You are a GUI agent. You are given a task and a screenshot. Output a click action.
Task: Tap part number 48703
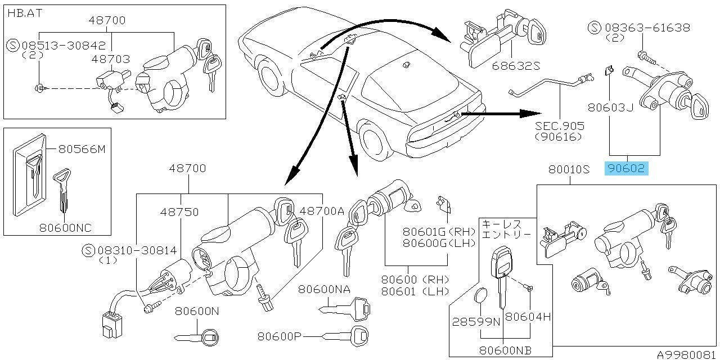point(111,58)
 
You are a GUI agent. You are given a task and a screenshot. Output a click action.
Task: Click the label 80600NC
point(65,228)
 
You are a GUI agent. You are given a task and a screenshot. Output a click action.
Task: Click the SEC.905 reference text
point(560,126)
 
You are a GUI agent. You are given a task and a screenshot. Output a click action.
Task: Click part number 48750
point(179,212)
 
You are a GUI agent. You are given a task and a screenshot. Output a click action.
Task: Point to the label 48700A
point(322,211)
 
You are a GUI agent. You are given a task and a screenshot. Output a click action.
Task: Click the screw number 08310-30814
point(137,250)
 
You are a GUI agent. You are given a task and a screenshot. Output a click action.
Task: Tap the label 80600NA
point(324,289)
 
